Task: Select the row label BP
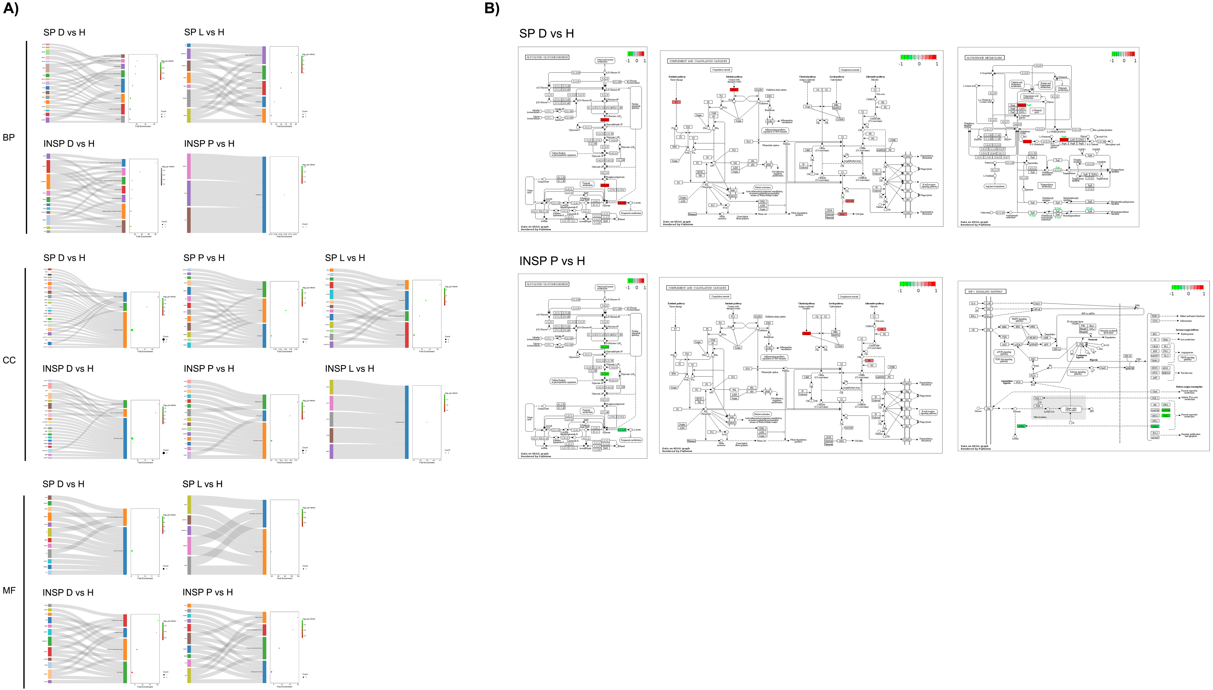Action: pyautogui.click(x=8, y=137)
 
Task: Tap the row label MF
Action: pyautogui.click(x=9, y=590)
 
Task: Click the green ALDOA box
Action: pyautogui.click(x=1166, y=410)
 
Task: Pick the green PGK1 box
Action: pyautogui.click(x=1166, y=416)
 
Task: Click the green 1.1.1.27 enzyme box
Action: pyautogui.click(x=622, y=430)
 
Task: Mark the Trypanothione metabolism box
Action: pyautogui.click(x=1047, y=185)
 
